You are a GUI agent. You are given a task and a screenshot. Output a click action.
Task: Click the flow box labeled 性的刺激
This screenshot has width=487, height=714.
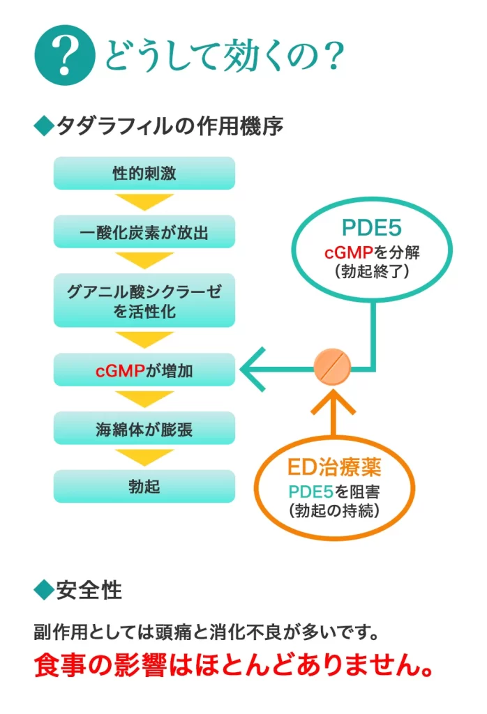pyautogui.click(x=144, y=174)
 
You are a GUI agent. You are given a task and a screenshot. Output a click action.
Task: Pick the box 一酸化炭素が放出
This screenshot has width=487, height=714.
pyautogui.click(x=144, y=231)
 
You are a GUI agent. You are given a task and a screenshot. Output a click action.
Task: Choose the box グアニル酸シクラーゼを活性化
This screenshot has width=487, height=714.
pyautogui.click(x=144, y=301)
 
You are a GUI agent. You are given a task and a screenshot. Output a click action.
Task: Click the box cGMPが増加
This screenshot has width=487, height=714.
pyautogui.click(x=144, y=370)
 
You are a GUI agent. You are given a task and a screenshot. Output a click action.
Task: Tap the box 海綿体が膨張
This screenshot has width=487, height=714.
pyautogui.click(x=144, y=429)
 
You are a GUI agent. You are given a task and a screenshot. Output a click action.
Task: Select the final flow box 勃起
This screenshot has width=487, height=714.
pyautogui.click(x=144, y=487)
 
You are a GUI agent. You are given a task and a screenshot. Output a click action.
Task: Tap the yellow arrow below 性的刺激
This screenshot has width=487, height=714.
pyautogui.click(x=144, y=202)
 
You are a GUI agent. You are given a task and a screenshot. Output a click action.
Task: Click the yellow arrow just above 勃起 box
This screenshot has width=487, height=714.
pyautogui.click(x=144, y=457)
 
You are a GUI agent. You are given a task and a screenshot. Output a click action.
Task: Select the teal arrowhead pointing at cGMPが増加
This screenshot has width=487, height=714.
pyautogui.click(x=255, y=368)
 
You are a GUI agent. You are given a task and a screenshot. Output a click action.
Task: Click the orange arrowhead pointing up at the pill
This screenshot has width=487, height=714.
pyautogui.click(x=333, y=403)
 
